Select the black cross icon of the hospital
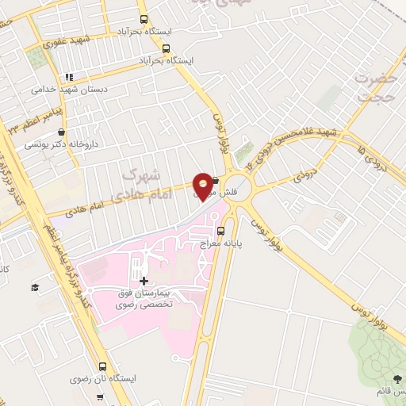(x=144, y=281)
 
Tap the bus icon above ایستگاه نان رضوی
(x=103, y=366)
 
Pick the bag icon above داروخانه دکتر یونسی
(x=63, y=132)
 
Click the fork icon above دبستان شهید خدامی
(x=69, y=77)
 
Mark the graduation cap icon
(x=35, y=286)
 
